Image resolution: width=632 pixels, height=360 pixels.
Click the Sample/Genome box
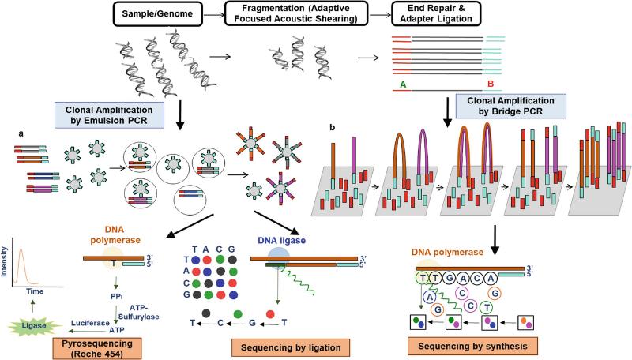point(157,13)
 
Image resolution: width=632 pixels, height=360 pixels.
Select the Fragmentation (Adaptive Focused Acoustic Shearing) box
point(295,13)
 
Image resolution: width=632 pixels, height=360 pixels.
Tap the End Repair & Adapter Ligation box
point(436,13)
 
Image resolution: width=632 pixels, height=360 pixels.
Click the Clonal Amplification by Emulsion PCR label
point(109,115)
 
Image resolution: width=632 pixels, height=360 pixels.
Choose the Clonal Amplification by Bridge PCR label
point(510,107)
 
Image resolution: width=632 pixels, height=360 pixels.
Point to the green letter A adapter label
point(403,84)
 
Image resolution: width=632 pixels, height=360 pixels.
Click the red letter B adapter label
point(491,84)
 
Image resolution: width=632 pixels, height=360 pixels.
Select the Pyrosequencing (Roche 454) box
point(97,348)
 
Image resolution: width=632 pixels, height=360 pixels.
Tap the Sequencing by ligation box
point(291,347)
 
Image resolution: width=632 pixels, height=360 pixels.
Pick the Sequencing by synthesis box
point(472,347)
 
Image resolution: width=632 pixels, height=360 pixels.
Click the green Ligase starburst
point(34,325)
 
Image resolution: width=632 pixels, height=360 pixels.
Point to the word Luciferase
point(90,323)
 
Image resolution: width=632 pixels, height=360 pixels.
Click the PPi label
point(116,296)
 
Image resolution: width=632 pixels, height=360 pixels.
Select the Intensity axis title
point(5,262)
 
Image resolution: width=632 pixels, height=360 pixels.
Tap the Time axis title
point(35,291)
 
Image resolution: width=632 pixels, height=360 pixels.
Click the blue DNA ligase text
point(282,241)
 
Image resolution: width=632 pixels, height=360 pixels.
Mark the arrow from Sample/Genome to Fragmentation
point(213,15)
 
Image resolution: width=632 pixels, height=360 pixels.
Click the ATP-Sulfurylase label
point(139,312)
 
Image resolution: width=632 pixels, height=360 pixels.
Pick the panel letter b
point(332,128)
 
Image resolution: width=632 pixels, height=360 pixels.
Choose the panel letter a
point(21,134)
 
